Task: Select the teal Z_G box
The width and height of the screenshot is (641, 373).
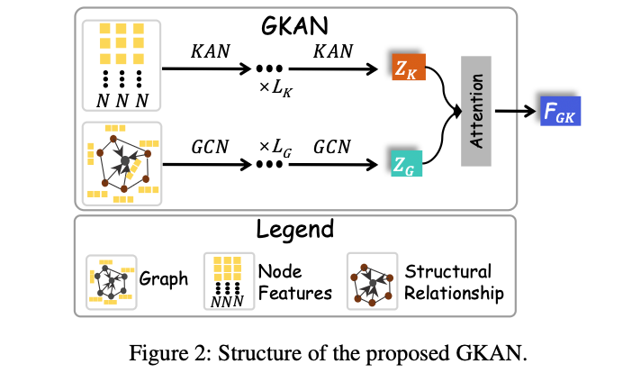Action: pyautogui.click(x=408, y=162)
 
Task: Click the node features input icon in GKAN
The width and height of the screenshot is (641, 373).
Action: pyautogui.click(x=122, y=65)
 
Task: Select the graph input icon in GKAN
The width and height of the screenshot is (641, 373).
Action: pyautogui.click(x=122, y=162)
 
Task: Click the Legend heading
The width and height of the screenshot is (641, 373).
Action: pyautogui.click(x=293, y=229)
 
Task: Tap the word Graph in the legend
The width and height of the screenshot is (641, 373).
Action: pyautogui.click(x=164, y=278)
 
